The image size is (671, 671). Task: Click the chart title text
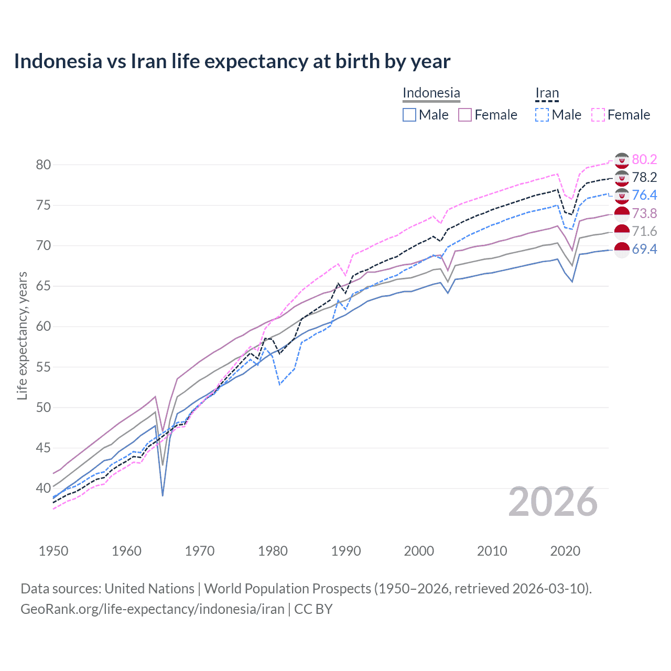pyautogui.click(x=232, y=61)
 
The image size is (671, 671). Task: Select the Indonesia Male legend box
pyautogui.click(x=409, y=115)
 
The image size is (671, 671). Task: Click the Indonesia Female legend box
pyautogui.click(x=465, y=115)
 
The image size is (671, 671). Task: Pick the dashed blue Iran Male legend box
pyautogui.click(x=542, y=115)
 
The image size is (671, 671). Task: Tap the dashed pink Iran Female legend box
pyautogui.click(x=598, y=115)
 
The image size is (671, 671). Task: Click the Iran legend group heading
pyautogui.click(x=547, y=93)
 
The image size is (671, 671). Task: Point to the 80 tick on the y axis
pyautogui.click(x=44, y=165)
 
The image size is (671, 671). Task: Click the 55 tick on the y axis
pyautogui.click(x=44, y=367)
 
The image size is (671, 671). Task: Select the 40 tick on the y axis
pyautogui.click(x=44, y=488)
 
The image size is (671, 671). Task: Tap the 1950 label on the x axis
pyautogui.click(x=53, y=551)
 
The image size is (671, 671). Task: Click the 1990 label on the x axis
pyautogui.click(x=346, y=551)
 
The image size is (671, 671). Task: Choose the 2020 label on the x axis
pyautogui.click(x=565, y=551)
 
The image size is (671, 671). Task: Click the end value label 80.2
pyautogui.click(x=644, y=159)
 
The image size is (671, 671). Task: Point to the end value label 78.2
pyautogui.click(x=644, y=177)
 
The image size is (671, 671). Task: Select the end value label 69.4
pyautogui.click(x=644, y=249)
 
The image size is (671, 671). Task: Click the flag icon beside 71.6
pyautogui.click(x=622, y=231)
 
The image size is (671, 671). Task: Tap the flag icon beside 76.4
pyautogui.click(x=622, y=196)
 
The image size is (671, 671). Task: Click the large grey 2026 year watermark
pyautogui.click(x=553, y=502)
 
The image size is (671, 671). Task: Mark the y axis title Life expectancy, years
pyautogui.click(x=22, y=335)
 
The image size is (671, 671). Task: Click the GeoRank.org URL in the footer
pyautogui.click(x=152, y=609)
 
